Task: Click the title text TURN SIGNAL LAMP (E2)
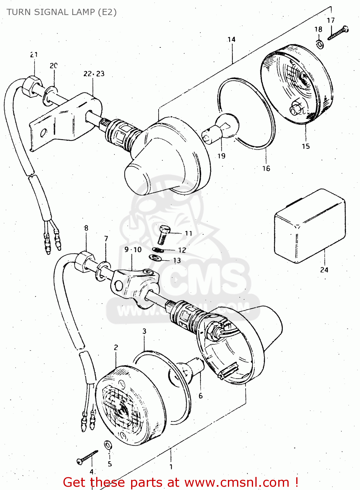pos(61,12)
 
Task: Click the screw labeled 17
pos(338,33)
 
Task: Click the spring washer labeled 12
pos(158,250)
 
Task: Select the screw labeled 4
pos(87,456)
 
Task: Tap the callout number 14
pos(231,40)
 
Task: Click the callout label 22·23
pos(94,74)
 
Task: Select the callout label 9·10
pos(133,250)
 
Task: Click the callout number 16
pos(266,169)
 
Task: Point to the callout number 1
pos(171,467)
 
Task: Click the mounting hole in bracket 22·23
pos(43,133)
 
